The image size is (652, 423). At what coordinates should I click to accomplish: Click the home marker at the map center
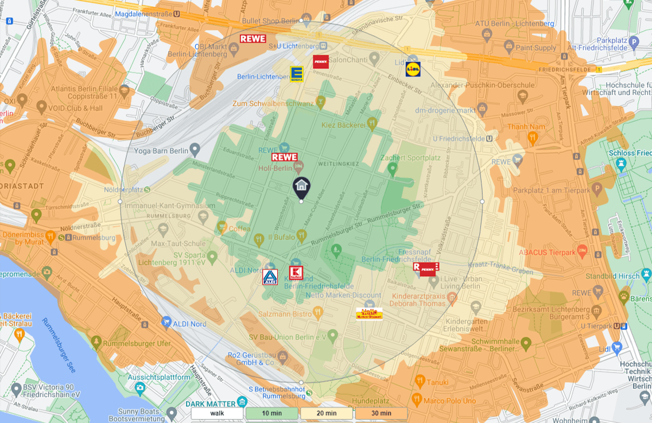[x=301, y=187]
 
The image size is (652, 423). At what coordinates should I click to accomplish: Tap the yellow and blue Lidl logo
[x=413, y=69]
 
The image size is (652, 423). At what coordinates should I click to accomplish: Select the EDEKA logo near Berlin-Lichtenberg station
[x=297, y=73]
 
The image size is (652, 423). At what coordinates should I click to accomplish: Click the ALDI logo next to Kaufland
[x=270, y=277]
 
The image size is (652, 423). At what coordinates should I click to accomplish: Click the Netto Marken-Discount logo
[x=369, y=314]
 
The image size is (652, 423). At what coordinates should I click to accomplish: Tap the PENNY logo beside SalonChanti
[x=321, y=61]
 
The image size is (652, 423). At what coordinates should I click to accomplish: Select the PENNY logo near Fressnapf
[x=428, y=269]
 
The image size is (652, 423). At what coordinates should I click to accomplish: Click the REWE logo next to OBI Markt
[x=253, y=39]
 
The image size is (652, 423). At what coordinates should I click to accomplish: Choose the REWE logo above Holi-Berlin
[x=284, y=157]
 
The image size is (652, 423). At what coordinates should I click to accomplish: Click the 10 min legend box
[x=271, y=413]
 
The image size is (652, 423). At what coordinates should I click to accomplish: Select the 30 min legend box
[x=381, y=413]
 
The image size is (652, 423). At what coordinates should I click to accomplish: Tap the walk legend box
[x=218, y=413]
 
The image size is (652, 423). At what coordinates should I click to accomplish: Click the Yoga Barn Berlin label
[x=161, y=151]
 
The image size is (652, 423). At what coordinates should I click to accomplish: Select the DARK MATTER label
[x=211, y=403]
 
